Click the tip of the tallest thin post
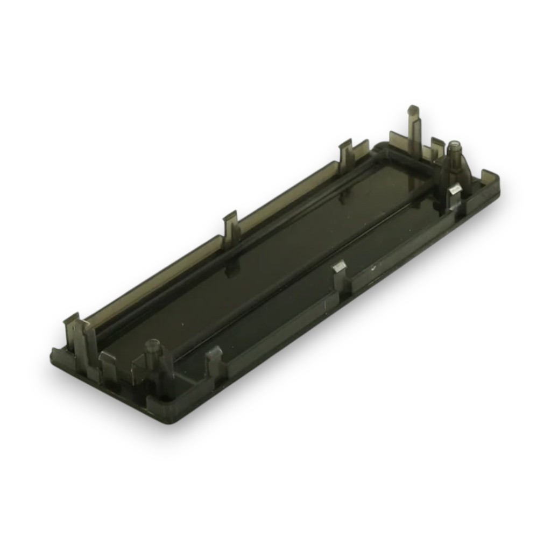pos(413,110)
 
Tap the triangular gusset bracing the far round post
pos(467,169)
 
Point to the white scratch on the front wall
pos(371,267)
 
